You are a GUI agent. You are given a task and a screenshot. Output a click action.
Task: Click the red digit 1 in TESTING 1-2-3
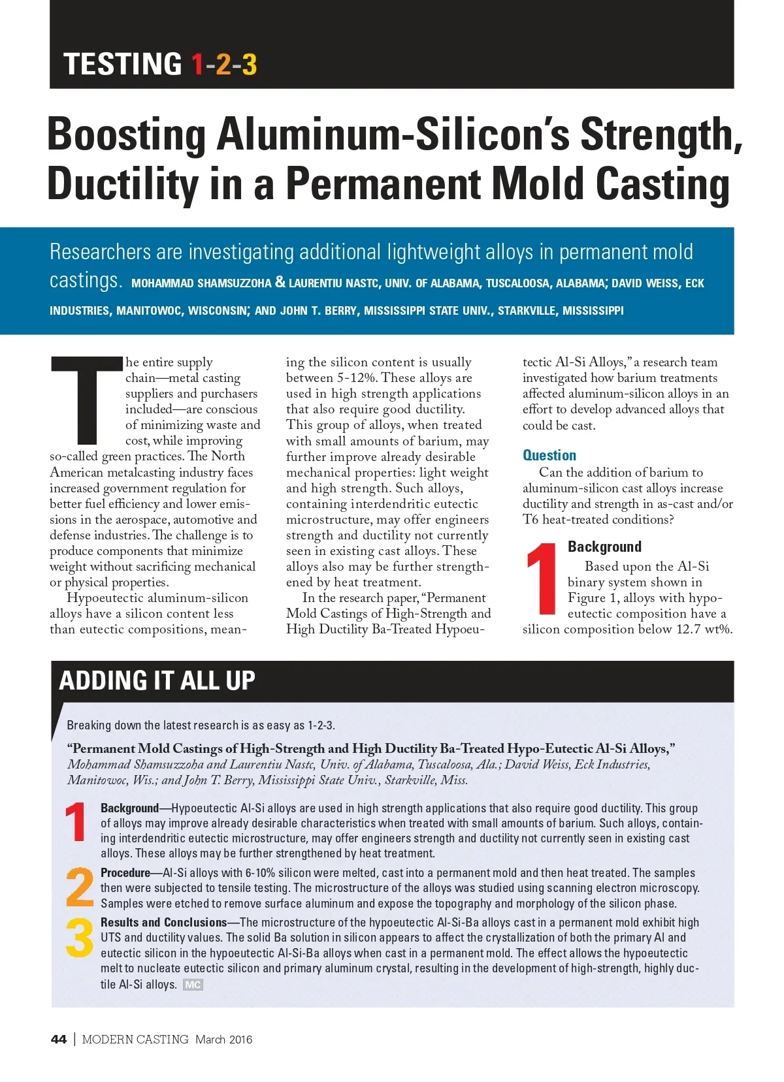[197, 65]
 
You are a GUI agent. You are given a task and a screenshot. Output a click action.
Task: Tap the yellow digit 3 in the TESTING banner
[249, 65]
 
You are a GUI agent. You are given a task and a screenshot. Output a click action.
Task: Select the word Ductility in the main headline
[122, 184]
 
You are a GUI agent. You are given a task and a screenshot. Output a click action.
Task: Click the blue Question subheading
[549, 455]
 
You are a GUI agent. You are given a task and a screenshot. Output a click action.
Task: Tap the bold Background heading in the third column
[604, 547]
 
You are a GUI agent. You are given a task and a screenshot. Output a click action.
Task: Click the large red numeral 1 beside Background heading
[542, 580]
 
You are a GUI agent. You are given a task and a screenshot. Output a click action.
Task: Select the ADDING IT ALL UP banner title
[157, 680]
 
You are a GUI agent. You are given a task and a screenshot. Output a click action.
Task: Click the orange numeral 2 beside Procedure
[80, 887]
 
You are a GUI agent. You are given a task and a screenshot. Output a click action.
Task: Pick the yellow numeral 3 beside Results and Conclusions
[80, 938]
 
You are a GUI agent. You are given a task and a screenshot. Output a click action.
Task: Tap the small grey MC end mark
[193, 985]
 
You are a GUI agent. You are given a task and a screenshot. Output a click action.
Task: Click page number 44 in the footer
[59, 1040]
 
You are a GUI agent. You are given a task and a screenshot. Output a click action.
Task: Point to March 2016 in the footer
[223, 1040]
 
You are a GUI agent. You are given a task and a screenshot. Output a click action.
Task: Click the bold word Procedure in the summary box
[125, 873]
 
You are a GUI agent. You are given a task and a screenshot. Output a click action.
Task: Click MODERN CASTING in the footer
[135, 1040]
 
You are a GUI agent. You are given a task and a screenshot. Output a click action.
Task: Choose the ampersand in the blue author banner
[280, 282]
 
